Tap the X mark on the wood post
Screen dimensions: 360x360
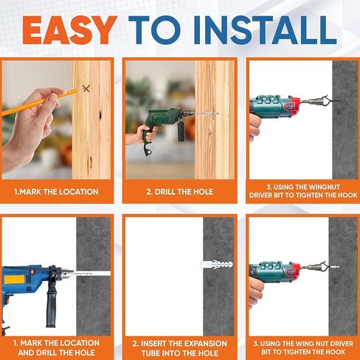[x=86, y=89]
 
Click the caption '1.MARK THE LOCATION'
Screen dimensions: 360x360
[x=57, y=192]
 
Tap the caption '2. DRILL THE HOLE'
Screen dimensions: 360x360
[x=179, y=192]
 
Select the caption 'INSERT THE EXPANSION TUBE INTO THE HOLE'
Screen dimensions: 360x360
[x=179, y=347]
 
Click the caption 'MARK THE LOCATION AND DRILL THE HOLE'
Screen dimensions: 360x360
[x=57, y=347]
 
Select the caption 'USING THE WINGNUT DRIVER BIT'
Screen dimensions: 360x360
[x=302, y=192]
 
